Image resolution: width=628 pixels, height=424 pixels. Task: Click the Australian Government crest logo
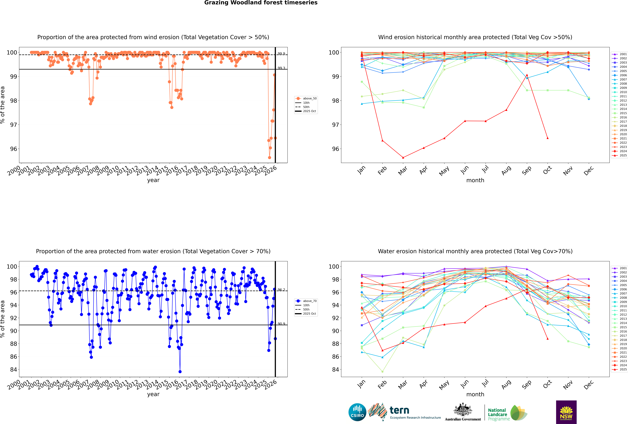[463, 412]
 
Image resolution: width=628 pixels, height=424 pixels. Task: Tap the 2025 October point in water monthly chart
[548, 339]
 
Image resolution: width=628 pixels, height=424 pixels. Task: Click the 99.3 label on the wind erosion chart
[281, 68]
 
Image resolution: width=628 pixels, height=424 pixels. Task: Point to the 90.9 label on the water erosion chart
[281, 324]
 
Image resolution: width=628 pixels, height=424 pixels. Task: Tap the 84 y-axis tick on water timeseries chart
[13, 369]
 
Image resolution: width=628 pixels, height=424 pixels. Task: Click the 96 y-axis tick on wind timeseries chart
[13, 149]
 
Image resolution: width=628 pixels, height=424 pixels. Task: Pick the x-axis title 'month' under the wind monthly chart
[475, 180]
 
